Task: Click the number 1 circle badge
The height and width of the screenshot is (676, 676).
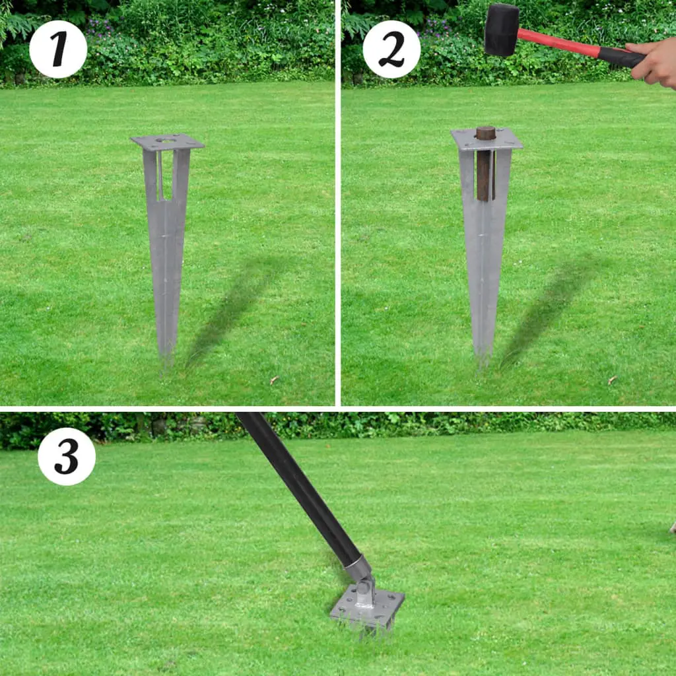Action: [58, 50]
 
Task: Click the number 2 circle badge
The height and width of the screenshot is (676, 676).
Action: [391, 50]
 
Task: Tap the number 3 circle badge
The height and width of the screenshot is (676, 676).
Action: [67, 456]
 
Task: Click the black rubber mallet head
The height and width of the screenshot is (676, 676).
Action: [502, 30]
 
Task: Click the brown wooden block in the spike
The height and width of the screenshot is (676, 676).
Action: [485, 165]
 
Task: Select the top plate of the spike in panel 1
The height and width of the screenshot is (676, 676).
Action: [167, 142]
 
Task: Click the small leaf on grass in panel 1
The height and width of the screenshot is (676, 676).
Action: [273, 380]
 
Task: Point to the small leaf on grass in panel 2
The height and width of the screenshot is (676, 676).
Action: [611, 380]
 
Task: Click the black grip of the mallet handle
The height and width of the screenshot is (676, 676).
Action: [621, 57]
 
